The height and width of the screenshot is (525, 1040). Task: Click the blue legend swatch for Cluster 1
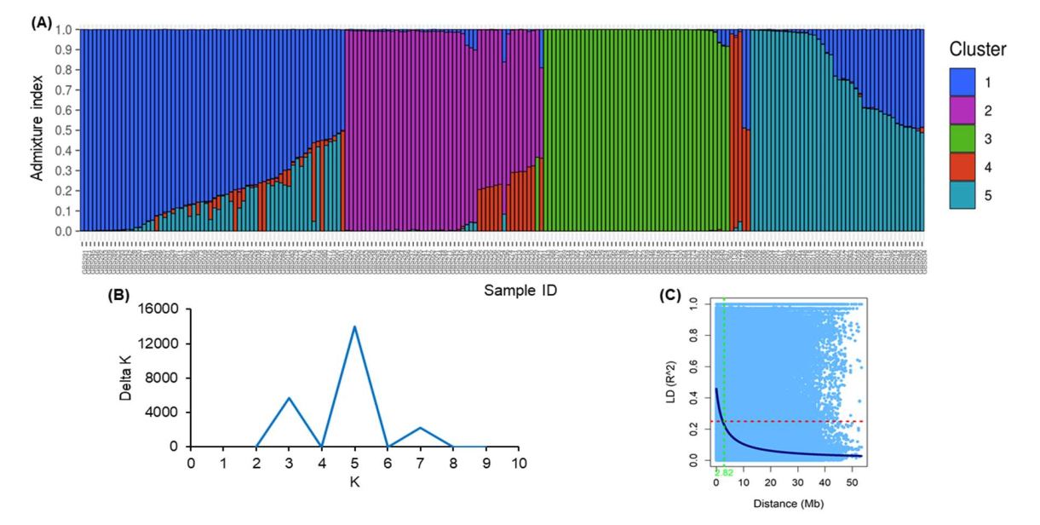963,83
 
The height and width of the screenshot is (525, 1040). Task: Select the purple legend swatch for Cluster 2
963,111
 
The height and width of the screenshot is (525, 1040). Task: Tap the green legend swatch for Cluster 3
963,139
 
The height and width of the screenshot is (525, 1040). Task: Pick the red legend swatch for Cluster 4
963,167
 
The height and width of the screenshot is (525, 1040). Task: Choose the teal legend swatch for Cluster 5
963,195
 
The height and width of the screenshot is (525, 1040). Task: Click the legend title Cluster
978,49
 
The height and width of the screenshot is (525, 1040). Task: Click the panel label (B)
118,297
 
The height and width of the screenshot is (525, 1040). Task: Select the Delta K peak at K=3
290,398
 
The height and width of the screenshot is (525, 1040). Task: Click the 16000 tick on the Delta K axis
164,309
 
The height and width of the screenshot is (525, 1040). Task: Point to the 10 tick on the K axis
519,463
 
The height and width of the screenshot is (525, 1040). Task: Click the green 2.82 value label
723,471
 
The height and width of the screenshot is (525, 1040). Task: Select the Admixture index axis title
37,130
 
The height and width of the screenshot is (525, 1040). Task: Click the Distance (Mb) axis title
788,504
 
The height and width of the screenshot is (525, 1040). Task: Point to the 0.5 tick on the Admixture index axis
65,130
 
